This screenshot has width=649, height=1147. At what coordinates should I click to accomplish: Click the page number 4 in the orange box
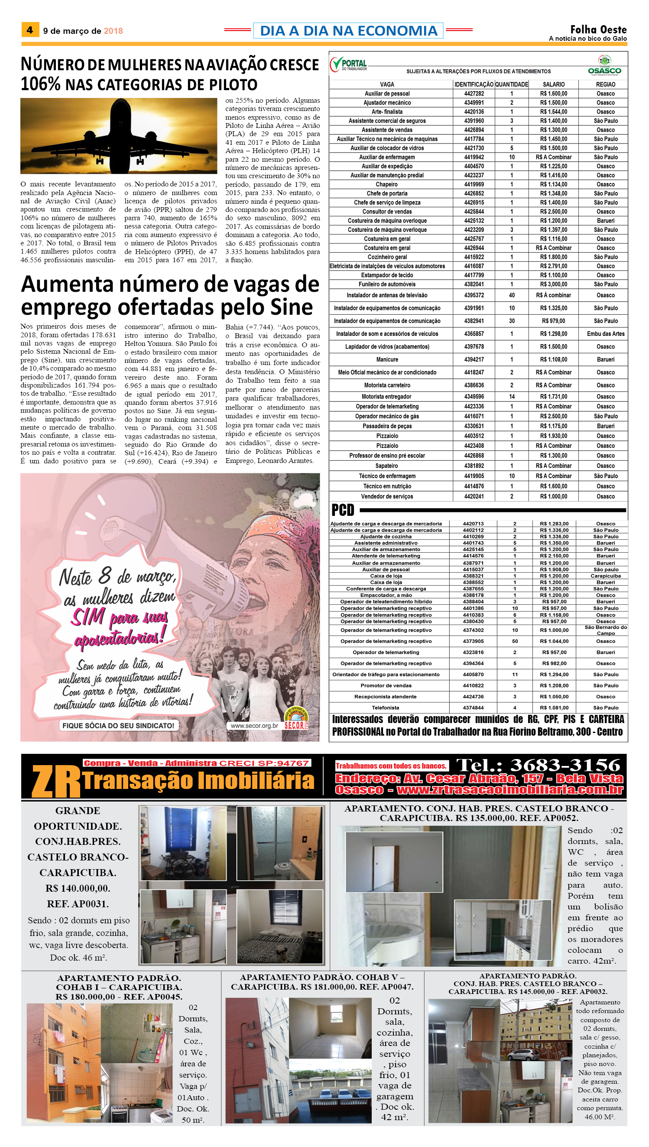tap(30, 30)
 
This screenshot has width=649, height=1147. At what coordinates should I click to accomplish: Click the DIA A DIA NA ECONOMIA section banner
tap(348, 30)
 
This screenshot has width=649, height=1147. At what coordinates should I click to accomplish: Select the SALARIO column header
tap(554, 84)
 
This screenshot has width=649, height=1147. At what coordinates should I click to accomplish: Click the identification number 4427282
tap(474, 94)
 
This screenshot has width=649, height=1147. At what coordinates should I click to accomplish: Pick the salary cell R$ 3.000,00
tap(554, 284)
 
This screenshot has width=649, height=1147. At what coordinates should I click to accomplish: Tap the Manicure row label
tap(387, 359)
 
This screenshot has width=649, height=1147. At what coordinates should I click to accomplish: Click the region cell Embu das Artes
tap(605, 334)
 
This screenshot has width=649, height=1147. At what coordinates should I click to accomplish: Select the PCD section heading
tap(343, 510)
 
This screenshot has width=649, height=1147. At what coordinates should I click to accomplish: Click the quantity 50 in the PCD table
tap(515, 641)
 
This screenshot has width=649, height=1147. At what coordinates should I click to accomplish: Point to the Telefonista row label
tap(386, 708)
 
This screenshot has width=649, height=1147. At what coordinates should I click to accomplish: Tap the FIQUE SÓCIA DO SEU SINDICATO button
tap(118, 726)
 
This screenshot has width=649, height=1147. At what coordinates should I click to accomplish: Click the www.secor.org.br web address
tap(254, 726)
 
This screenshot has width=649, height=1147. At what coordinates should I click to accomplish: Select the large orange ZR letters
tap(56, 782)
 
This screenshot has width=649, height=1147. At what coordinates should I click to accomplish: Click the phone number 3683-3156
tap(565, 765)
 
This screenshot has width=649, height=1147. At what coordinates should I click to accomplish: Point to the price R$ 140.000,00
tap(78, 888)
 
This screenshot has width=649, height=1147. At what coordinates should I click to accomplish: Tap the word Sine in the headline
tap(291, 307)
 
